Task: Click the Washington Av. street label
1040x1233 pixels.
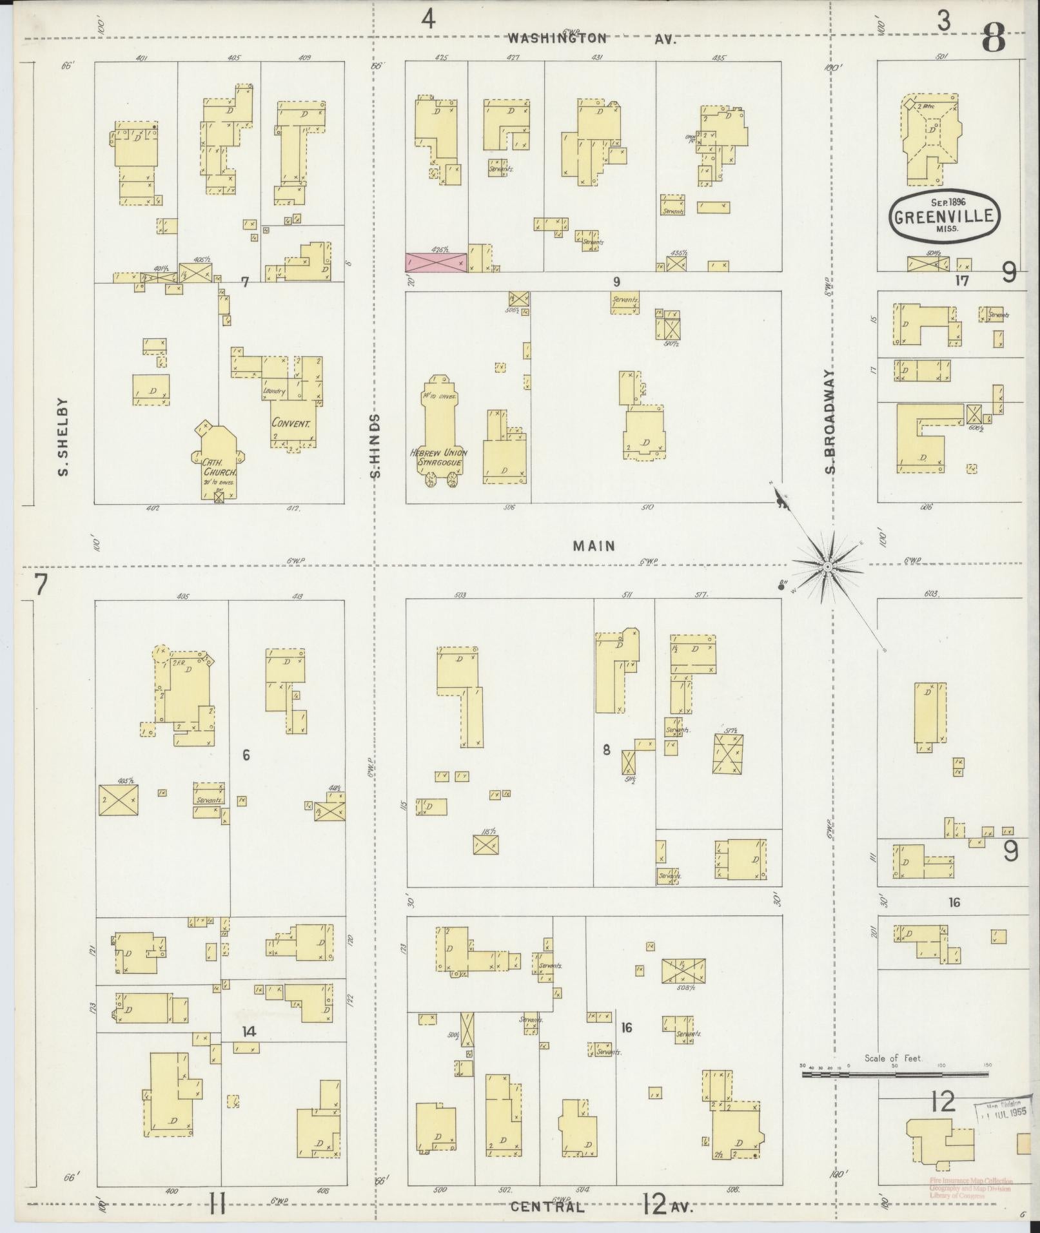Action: tap(591, 38)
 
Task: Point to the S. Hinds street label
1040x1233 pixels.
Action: tap(376, 445)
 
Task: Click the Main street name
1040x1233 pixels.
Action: tap(594, 546)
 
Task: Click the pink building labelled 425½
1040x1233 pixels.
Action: tap(435, 262)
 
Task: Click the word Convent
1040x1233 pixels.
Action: tap(291, 424)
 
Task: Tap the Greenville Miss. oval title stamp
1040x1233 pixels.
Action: tap(945, 216)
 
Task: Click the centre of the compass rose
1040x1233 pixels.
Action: tap(827, 566)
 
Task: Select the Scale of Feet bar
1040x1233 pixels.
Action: tap(894, 1074)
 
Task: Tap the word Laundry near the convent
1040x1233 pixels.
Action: tap(273, 391)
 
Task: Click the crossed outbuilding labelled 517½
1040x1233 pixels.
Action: tap(728, 753)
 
